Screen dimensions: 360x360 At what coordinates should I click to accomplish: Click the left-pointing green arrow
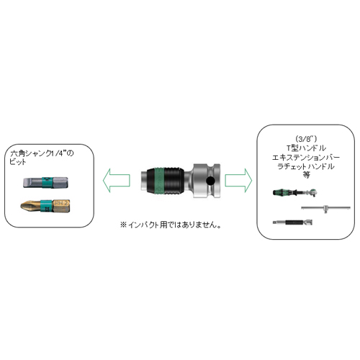[x=117, y=180]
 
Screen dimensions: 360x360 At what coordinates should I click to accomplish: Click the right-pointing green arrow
[x=238, y=180]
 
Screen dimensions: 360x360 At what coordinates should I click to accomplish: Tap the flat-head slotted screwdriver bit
[x=45, y=182]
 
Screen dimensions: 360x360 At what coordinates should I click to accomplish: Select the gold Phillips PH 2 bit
[x=45, y=206]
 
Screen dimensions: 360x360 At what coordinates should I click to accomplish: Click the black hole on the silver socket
[x=211, y=181]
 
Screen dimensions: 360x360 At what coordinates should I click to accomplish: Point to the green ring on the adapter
[x=159, y=181]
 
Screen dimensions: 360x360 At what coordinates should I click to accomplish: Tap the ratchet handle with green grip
[x=296, y=192]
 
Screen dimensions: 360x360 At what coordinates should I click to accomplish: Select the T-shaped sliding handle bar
[x=325, y=208]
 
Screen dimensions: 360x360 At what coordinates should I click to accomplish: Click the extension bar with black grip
[x=292, y=222]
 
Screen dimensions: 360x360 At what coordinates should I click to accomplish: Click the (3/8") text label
[x=306, y=139]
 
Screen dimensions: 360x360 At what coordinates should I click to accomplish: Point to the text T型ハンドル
[x=306, y=148]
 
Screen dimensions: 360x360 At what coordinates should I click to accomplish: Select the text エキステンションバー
[x=306, y=158]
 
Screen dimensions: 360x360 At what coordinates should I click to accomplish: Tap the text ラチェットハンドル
[x=306, y=166]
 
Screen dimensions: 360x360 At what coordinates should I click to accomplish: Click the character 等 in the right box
[x=306, y=175]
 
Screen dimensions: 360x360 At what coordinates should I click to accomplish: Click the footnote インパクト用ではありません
[x=171, y=225]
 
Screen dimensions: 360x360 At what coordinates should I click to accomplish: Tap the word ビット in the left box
[x=18, y=161]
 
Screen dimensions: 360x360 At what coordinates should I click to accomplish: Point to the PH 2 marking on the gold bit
[x=62, y=203]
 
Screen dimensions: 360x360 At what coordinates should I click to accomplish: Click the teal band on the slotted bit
[x=48, y=182]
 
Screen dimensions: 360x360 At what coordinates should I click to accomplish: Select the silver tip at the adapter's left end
[x=143, y=181]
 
